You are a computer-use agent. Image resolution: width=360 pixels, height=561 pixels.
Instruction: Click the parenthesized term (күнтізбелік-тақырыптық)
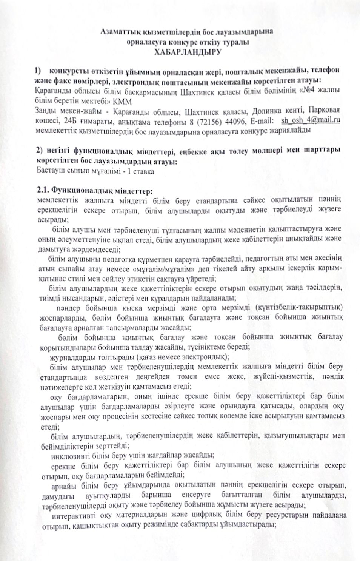coord(299,307)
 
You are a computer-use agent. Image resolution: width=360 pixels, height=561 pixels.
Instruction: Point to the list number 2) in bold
coord(41,151)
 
